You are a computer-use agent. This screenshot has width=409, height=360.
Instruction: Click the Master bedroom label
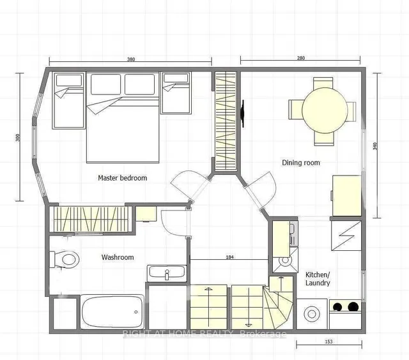122,178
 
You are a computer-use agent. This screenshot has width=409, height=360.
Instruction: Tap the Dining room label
301,163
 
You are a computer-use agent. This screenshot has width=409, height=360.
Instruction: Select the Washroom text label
118,257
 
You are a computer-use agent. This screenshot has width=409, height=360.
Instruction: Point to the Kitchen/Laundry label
318,279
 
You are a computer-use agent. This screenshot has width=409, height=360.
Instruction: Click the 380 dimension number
131,59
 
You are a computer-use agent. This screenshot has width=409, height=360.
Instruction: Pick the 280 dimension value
301,58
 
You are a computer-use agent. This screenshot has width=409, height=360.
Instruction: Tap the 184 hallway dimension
229,257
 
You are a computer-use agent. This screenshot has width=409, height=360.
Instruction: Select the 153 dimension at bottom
329,341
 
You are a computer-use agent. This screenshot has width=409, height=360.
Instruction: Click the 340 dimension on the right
375,146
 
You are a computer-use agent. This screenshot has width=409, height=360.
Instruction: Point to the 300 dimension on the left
18,137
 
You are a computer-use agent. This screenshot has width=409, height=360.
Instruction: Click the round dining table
325,110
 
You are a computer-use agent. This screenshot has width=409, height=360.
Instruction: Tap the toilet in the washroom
65,259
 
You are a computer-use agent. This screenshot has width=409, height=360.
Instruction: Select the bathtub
112,312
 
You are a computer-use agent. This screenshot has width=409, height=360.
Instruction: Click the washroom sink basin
167,273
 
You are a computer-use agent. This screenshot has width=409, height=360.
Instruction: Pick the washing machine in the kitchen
312,314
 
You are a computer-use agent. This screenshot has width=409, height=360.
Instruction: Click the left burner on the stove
338,307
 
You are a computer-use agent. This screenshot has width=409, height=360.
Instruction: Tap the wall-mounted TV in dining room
243,114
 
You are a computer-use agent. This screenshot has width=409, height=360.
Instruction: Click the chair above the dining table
323,83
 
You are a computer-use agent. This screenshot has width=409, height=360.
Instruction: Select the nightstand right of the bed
176,93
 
